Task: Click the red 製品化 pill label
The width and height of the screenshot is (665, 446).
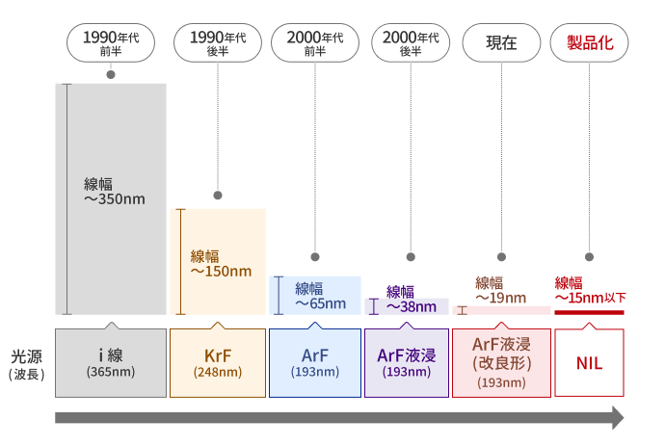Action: tap(589, 43)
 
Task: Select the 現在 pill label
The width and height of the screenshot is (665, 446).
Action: tap(501, 43)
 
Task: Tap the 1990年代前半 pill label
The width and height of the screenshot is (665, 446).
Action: tap(111, 43)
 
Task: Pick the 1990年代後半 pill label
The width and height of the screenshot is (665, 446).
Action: tap(218, 43)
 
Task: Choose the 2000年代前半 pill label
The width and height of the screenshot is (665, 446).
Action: tap(314, 43)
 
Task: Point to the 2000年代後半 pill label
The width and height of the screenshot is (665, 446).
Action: tap(411, 43)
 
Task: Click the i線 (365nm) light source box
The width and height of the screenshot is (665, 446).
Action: tap(111, 363)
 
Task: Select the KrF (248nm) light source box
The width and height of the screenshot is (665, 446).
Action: tap(218, 363)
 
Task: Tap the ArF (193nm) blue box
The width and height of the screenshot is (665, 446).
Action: tap(314, 363)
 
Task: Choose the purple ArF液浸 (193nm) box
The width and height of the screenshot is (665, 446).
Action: tap(406, 363)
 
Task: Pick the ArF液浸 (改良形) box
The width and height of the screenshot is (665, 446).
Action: tap(501, 363)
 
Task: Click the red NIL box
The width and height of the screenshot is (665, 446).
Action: tap(589, 363)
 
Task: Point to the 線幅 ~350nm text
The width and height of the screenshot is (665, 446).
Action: tap(114, 192)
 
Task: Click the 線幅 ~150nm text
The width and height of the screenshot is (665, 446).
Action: tap(221, 263)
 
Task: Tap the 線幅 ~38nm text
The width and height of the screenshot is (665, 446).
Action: tap(411, 299)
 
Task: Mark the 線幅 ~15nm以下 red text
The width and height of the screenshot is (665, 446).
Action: tap(589, 291)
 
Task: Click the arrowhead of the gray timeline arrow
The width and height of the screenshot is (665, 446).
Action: tap(617, 418)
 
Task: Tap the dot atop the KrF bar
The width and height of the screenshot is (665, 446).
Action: tap(218, 196)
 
